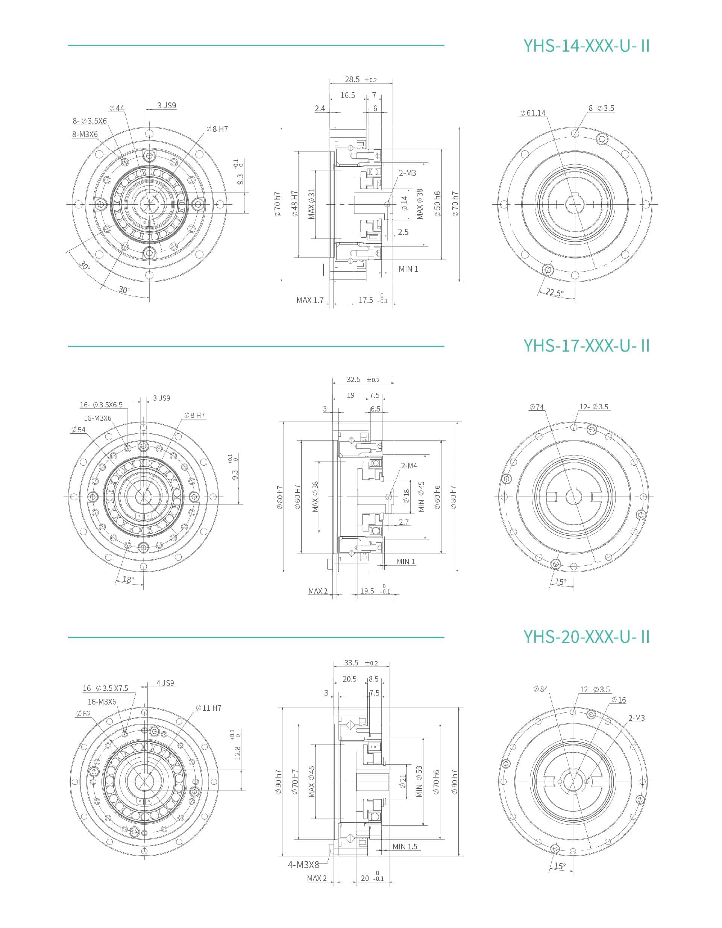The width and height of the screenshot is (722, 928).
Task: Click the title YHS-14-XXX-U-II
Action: pyautogui.click(x=587, y=46)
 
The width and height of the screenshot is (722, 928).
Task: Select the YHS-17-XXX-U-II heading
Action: pyautogui.click(x=587, y=345)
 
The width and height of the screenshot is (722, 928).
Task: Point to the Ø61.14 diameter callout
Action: pyautogui.click(x=532, y=113)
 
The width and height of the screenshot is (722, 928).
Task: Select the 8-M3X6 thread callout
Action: pyautogui.click(x=85, y=134)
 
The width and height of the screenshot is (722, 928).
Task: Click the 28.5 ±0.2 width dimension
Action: pyautogui.click(x=361, y=79)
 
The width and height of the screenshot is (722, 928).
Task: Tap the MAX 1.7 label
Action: pyautogui.click(x=310, y=300)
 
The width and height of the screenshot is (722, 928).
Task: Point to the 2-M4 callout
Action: pyautogui.click(x=409, y=466)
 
